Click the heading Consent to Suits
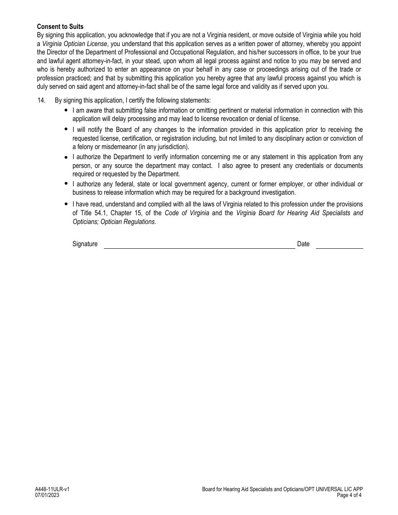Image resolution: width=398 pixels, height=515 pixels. tap(60, 27)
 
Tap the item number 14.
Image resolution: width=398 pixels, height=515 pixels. tap(41, 100)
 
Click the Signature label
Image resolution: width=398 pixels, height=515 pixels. tap(85, 244)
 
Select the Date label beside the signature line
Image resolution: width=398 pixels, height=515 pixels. tap(303, 244)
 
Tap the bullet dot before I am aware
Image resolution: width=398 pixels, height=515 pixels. tap(66, 110)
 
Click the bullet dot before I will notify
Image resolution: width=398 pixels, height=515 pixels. tap(66, 129)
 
